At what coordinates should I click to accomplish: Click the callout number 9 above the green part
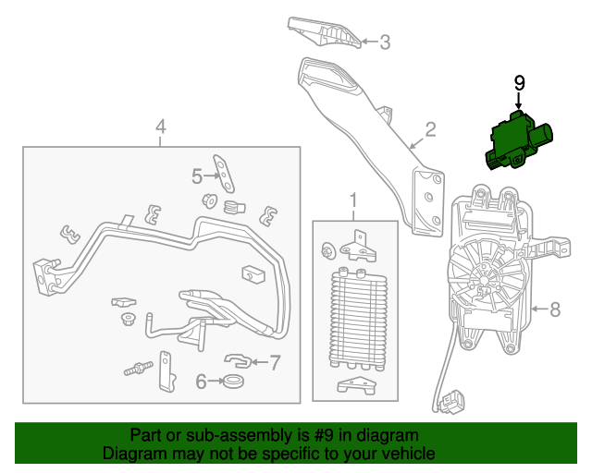[519, 83]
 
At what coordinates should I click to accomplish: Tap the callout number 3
[385, 42]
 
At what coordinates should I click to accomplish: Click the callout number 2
[430, 128]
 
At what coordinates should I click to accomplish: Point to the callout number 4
[161, 127]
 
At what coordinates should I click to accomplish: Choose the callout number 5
[196, 175]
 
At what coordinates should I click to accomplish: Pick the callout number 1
[352, 200]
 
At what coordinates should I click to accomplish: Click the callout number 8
[555, 309]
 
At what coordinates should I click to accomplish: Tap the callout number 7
[274, 361]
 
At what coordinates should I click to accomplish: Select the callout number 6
[200, 380]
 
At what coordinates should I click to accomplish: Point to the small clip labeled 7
[239, 358]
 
